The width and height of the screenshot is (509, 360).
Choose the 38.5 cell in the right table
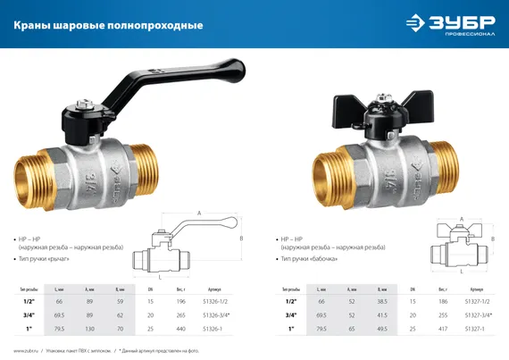click(382, 302)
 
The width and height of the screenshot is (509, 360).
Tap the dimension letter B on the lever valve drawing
click(241, 238)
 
